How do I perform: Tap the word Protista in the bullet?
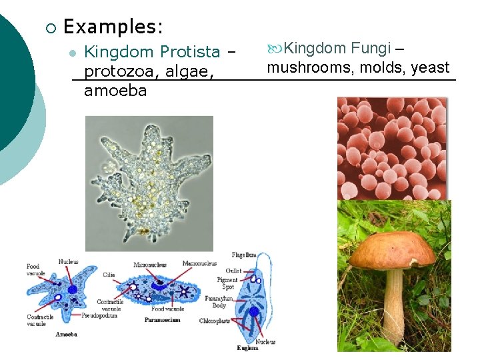pyautogui.click(x=191, y=51)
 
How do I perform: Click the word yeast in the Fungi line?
pyautogui.click(x=430, y=67)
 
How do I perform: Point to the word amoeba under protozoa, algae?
pyautogui.click(x=115, y=91)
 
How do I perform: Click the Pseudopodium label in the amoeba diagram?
pyautogui.click(x=99, y=315)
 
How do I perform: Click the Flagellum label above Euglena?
pyautogui.click(x=243, y=255)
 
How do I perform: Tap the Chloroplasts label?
pyautogui.click(x=215, y=321)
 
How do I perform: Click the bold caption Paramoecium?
pyautogui.click(x=163, y=320)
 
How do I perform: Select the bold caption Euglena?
pyautogui.click(x=247, y=347)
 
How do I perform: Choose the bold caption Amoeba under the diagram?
pyautogui.click(x=67, y=334)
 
